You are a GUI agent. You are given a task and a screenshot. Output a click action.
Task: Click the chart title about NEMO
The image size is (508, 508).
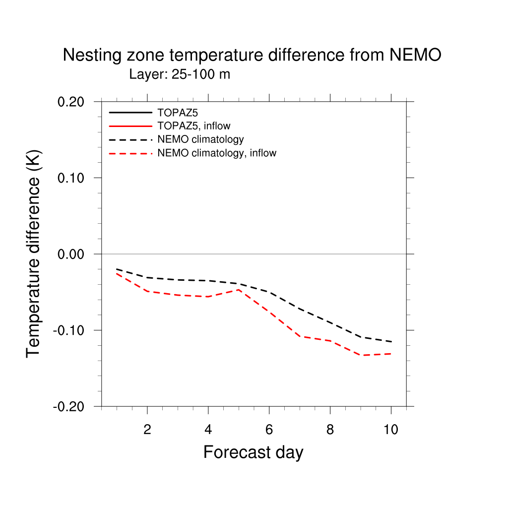coord(252,55)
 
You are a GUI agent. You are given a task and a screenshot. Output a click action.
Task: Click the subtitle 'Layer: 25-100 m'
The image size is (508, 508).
coord(180,74)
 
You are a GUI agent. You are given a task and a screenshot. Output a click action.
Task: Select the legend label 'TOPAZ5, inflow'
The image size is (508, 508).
coord(193,126)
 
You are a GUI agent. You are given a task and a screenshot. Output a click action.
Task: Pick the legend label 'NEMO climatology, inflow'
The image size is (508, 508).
coord(216,153)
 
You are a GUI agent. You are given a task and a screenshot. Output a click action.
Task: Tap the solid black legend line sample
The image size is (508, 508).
coord(130,113)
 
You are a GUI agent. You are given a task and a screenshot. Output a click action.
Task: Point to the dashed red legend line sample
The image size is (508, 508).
coord(130,153)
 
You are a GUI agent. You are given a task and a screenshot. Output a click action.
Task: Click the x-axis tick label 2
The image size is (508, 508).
coord(147,430)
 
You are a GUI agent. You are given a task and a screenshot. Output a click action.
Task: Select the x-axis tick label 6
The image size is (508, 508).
coord(269,430)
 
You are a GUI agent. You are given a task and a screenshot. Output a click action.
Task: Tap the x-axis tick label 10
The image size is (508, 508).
coord(391,430)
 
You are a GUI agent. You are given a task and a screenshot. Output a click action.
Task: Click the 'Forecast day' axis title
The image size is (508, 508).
coord(253,452)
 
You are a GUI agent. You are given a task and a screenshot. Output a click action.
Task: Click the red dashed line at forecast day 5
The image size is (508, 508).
coord(239,290)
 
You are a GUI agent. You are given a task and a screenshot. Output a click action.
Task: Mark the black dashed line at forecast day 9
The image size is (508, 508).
coord(361,337)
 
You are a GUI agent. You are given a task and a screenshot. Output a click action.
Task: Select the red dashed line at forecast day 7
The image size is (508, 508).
coord(300,336)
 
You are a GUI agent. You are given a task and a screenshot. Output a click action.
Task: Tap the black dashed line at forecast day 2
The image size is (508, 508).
coord(147,277)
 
